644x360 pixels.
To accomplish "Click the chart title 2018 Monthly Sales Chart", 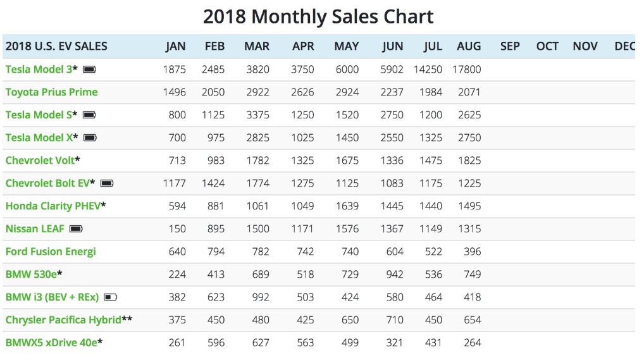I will (x=318, y=16).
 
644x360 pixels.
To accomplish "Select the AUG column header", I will (x=469, y=46).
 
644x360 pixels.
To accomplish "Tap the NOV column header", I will (x=585, y=46).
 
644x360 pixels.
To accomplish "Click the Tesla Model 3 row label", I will (x=39, y=69).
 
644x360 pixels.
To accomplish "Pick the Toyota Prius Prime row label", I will (x=51, y=92).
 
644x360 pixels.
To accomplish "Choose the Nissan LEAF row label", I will (x=35, y=228).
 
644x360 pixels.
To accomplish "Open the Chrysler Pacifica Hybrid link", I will (x=63, y=320).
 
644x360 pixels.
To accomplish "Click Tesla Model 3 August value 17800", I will (x=467, y=69).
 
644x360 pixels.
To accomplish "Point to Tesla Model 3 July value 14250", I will (x=428, y=69).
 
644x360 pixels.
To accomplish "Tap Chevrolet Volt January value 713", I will (x=177, y=160).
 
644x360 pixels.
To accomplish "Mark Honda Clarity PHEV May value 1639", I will (x=347, y=206).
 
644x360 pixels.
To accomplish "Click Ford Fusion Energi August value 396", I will (x=472, y=251).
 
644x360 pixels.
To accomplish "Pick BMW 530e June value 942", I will (x=395, y=274).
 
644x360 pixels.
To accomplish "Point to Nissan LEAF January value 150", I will (x=177, y=228).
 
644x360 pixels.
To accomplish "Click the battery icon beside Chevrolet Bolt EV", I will (x=107, y=183).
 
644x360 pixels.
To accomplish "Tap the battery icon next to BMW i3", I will (x=111, y=297).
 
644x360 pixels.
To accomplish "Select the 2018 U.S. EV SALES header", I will (x=56, y=46).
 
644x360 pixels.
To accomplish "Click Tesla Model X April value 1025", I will (x=302, y=137).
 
